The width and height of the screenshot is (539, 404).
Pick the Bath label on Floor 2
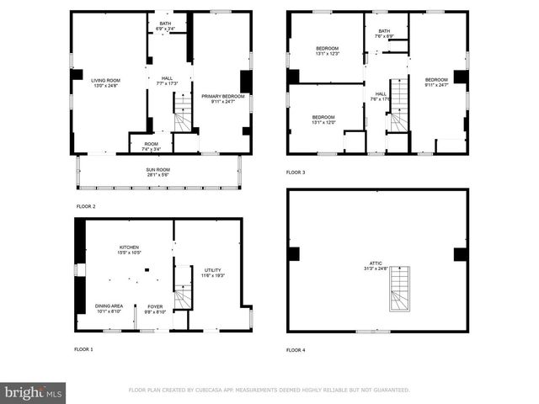click(x=166, y=26)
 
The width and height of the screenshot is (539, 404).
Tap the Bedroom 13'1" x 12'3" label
click(x=326, y=50)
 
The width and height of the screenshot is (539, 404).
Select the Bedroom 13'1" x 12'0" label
click(x=323, y=119)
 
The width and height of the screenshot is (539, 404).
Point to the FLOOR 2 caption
click(x=85, y=206)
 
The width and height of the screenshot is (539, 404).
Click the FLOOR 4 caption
click(x=296, y=349)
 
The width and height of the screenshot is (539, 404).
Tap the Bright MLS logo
click(x=34, y=392)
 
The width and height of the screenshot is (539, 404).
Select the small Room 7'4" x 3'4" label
click(x=151, y=146)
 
